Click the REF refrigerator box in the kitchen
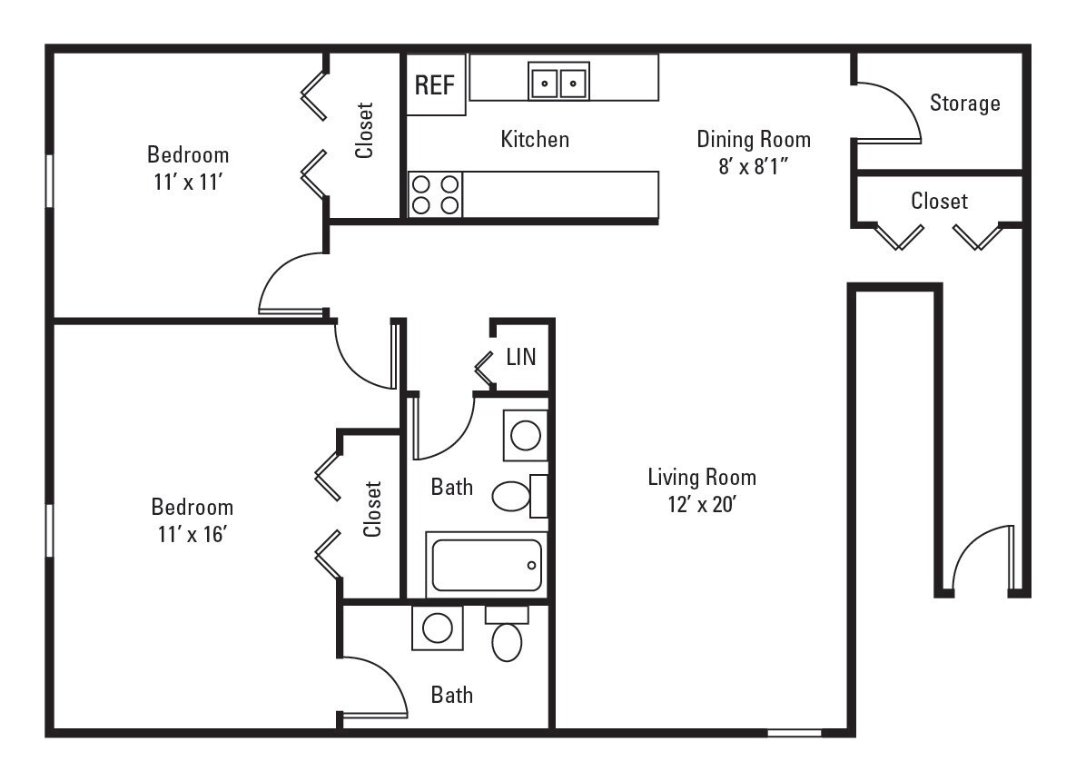tap(435, 85)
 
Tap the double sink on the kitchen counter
tap(558, 82)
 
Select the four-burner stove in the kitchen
tap(435, 194)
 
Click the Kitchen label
tap(535, 139)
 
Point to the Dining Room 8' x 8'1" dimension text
tap(753, 167)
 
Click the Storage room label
tap(964, 103)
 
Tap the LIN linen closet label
tap(521, 357)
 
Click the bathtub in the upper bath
tap(486, 565)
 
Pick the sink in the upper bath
tap(526, 435)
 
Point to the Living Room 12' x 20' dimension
tap(701, 504)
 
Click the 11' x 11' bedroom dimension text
tap(188, 182)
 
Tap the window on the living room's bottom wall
tap(794, 732)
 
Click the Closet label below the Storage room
tap(939, 201)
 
